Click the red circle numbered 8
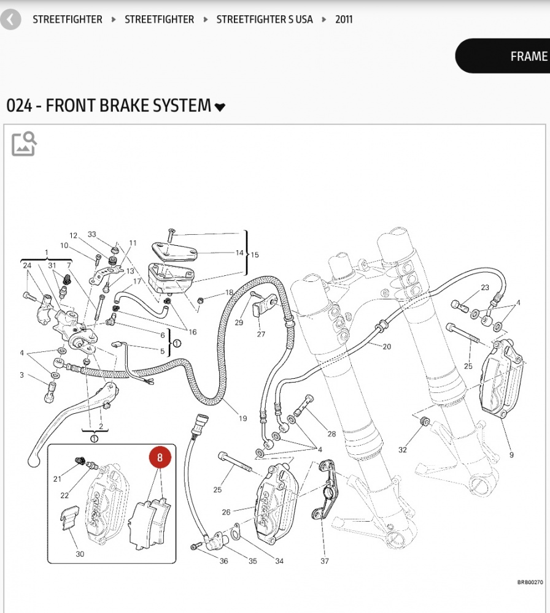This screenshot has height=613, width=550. point(160,457)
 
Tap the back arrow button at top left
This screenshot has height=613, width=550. point(10,20)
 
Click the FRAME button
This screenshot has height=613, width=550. point(528,56)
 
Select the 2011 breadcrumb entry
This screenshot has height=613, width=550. point(344,19)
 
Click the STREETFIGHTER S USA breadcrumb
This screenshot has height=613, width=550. point(265,19)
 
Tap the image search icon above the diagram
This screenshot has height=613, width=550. point(24,143)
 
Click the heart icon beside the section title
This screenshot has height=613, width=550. point(220,107)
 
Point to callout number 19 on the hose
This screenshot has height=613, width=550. point(243,419)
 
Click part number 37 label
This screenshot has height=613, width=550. point(325,560)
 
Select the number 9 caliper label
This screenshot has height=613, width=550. point(511,455)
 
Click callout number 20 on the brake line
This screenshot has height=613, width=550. point(387,347)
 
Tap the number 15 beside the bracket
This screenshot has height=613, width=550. point(255,254)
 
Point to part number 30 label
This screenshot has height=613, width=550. point(80,554)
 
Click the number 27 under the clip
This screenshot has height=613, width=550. point(261,334)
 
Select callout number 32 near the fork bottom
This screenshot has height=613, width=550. point(403,450)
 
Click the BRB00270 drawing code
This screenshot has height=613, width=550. point(530,583)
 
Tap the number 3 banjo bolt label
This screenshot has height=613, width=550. point(21,375)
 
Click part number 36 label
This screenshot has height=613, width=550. point(224,561)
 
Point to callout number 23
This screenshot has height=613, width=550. point(485,287)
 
